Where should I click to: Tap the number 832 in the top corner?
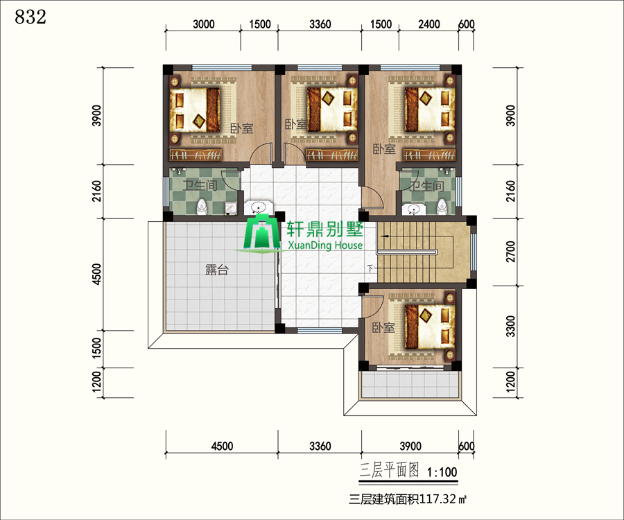(x=31, y=17)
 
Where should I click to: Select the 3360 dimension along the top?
(x=320, y=24)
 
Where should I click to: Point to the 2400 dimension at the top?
(x=429, y=24)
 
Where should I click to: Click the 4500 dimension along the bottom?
(x=222, y=446)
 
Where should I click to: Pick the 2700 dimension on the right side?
(x=510, y=252)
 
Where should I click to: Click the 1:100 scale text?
(x=442, y=472)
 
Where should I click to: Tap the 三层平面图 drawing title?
(x=389, y=470)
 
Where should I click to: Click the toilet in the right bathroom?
(x=442, y=207)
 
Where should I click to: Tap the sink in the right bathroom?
(x=413, y=209)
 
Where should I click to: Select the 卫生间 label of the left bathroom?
(x=200, y=185)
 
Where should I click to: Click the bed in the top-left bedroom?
(x=195, y=110)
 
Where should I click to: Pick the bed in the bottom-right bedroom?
(x=430, y=327)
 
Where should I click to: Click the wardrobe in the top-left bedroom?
(x=196, y=155)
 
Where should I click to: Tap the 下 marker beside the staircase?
(x=370, y=268)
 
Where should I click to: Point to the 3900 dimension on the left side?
(x=96, y=116)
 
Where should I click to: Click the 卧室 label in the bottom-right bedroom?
(x=383, y=328)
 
